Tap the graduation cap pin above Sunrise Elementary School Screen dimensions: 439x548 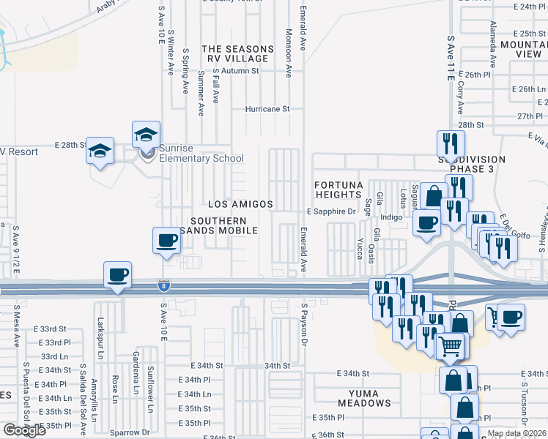coord(146,135)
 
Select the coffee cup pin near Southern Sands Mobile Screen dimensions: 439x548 coord(167,241)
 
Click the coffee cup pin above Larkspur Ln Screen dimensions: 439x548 coord(117,276)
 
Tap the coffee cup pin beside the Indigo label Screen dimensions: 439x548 coord(426,223)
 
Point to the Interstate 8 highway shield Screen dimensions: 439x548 coord(163,285)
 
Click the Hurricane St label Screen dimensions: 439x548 coord(267,109)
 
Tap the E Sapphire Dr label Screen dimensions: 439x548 coord(330,211)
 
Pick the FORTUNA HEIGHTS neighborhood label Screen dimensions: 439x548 coord(339,190)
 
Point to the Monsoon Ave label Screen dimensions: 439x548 coord(289,50)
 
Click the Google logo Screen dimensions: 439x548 coord(24,430)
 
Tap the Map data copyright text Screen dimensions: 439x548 coord(516,433)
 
